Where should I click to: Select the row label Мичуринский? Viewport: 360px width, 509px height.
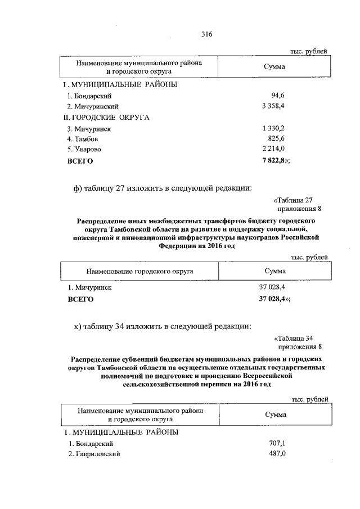pos(92,106)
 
